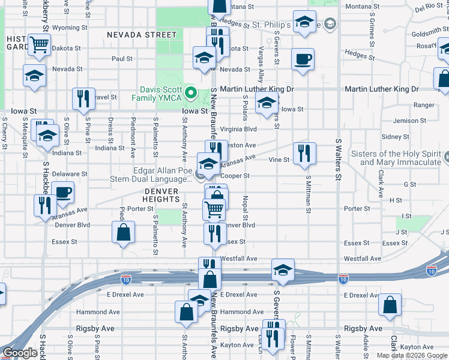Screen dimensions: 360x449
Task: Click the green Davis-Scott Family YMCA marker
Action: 191,92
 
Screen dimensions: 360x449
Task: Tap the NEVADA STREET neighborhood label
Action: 142,35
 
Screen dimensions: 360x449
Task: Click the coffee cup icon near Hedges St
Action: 302,59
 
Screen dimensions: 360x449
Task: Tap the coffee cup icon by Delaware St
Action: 62,193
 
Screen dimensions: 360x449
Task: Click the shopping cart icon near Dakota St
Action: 38,44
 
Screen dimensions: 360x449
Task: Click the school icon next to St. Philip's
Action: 305,22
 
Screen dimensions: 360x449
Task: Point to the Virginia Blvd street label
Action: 238,129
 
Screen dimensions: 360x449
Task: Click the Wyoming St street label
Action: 70,28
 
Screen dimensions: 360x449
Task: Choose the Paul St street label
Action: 122,59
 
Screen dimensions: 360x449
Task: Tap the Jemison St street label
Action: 409,121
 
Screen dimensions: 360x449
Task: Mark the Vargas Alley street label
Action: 261,65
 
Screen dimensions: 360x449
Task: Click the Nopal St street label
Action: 246,203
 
